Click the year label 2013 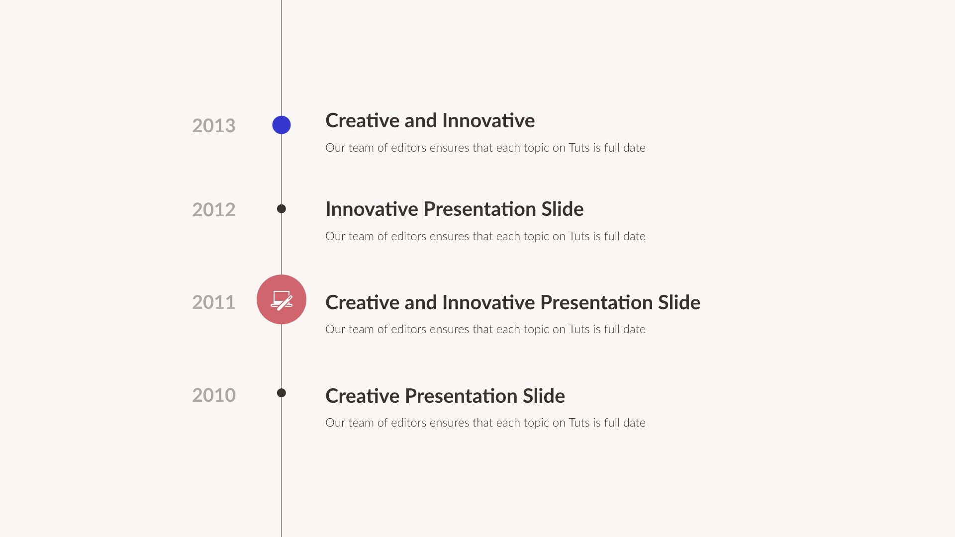click(x=213, y=126)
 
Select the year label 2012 click(x=213, y=210)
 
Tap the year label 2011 click(x=213, y=302)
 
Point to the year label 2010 click(x=213, y=395)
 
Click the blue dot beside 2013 click(x=282, y=125)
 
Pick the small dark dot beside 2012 click(x=282, y=209)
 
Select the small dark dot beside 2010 click(x=282, y=393)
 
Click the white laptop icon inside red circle click(x=282, y=300)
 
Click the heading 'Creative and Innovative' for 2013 click(x=430, y=121)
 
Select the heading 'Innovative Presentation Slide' click(x=454, y=209)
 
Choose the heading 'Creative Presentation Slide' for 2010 click(x=445, y=396)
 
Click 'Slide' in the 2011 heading click(x=679, y=303)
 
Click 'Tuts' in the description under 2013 click(x=579, y=148)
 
